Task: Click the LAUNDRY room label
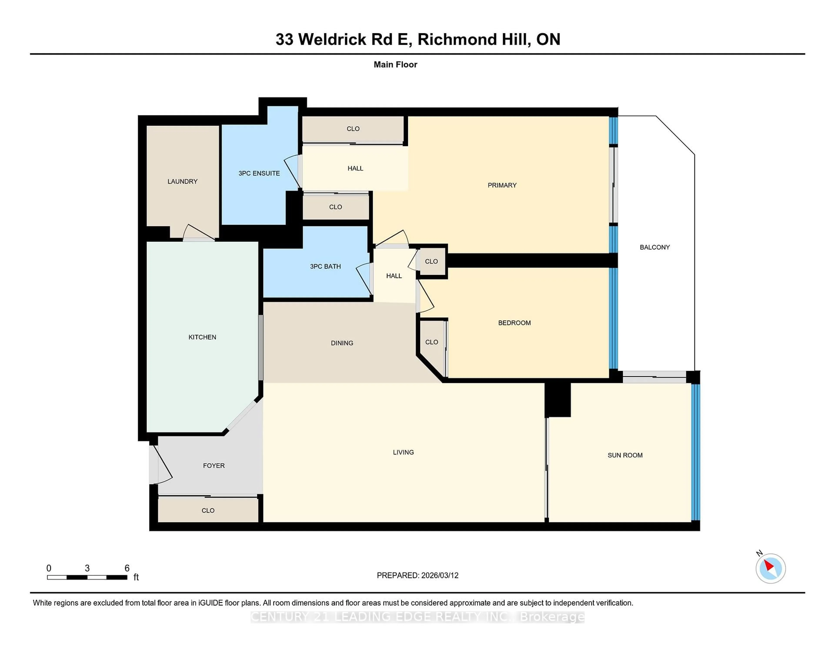(182, 181)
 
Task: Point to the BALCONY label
(655, 247)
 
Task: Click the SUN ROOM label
(625, 455)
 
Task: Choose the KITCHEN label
(202, 337)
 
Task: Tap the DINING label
(342, 343)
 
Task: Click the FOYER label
(214, 465)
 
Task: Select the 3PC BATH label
(325, 266)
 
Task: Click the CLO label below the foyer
(208, 510)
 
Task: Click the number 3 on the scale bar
(87, 568)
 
